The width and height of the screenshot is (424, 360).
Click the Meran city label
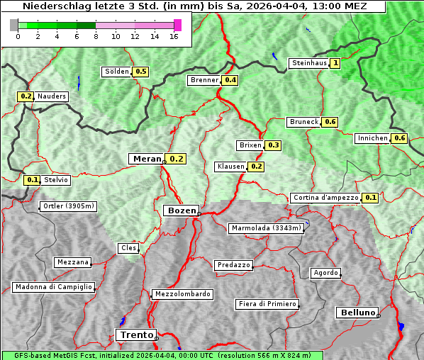(x=147, y=159)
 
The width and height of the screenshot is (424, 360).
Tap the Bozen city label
(x=180, y=210)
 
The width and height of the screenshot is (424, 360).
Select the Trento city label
(x=136, y=334)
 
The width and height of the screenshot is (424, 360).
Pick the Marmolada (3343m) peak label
(x=267, y=228)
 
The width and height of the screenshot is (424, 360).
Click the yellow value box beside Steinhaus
(x=335, y=63)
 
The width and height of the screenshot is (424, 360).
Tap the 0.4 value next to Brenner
(x=230, y=80)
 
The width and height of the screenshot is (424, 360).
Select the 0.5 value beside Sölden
(x=140, y=72)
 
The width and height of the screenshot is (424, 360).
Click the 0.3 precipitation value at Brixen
(x=273, y=145)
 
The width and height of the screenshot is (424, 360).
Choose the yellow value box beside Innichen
(x=399, y=138)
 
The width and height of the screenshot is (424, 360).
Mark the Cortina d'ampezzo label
(x=325, y=198)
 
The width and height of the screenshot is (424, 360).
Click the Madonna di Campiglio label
(x=53, y=287)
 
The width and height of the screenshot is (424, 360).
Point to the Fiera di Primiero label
(x=267, y=304)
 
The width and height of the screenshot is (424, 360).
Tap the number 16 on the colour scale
(x=173, y=37)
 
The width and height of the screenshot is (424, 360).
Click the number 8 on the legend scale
(x=95, y=37)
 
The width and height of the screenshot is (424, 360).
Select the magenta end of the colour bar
(x=177, y=25)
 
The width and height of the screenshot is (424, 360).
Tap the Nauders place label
(x=51, y=96)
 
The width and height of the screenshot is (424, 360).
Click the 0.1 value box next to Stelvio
(x=32, y=180)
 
